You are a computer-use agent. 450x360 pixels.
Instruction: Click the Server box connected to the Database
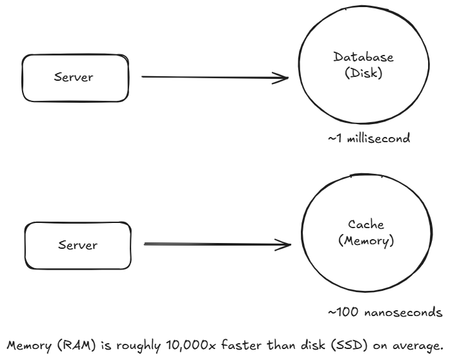coord(75,77)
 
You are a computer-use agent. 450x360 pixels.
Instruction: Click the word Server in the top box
coord(75,77)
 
